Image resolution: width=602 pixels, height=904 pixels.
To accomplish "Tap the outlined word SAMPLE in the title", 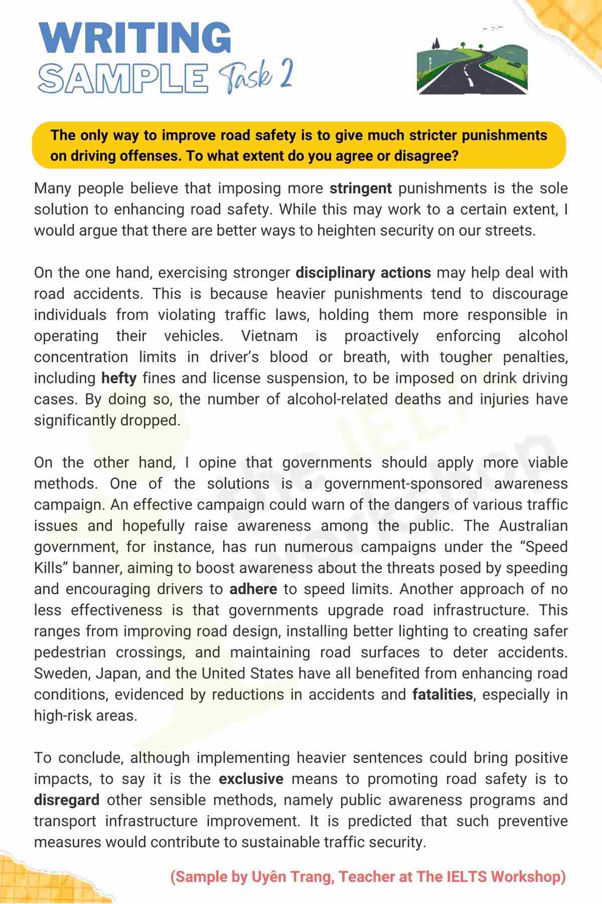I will pos(123,78).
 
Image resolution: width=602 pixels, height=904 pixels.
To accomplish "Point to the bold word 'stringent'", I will pos(360,188).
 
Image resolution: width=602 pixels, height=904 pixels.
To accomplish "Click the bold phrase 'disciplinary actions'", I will pos(363,273).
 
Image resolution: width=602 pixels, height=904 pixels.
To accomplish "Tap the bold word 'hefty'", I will pos(119,378).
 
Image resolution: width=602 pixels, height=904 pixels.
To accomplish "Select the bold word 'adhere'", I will pos(253,589).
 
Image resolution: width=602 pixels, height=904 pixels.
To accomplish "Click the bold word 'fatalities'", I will pos(442,695).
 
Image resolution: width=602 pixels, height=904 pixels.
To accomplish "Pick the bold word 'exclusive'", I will pos(251,779).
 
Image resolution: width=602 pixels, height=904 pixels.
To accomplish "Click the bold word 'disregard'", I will pos(67,800).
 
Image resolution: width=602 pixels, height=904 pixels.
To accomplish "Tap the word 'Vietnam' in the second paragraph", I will pos(269,336).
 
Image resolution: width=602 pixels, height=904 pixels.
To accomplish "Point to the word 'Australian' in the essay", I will pos(533,526).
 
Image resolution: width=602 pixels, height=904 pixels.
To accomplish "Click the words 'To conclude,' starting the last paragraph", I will pos(80,758).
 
